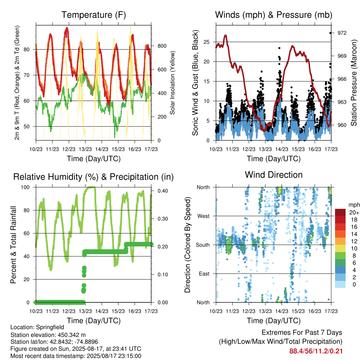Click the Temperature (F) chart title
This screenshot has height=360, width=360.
click(94, 15)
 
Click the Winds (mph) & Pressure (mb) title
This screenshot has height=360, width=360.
click(274, 15)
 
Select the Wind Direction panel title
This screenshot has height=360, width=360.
click(274, 175)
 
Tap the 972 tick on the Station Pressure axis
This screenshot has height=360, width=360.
click(342, 33)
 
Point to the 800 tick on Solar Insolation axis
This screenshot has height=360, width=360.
click(162, 46)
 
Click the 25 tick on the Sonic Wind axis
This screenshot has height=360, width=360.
click(206, 42)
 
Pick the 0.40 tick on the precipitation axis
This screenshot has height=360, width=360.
click(162, 191)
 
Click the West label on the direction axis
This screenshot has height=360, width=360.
click(203, 216)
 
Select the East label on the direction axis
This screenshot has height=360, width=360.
click(204, 274)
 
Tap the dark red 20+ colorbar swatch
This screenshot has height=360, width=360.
click(340, 212)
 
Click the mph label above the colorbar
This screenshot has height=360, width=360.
click(354, 205)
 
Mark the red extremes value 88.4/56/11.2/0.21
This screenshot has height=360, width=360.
click(316, 351)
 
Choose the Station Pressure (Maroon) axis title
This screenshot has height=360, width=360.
click(354, 83)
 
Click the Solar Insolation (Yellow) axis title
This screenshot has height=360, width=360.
click(172, 83)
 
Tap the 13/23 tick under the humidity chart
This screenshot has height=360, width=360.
click(85, 311)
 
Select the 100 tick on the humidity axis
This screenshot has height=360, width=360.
click(25, 187)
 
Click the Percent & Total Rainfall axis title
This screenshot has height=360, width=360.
click(13, 245)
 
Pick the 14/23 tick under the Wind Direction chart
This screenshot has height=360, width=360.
click(282, 311)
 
